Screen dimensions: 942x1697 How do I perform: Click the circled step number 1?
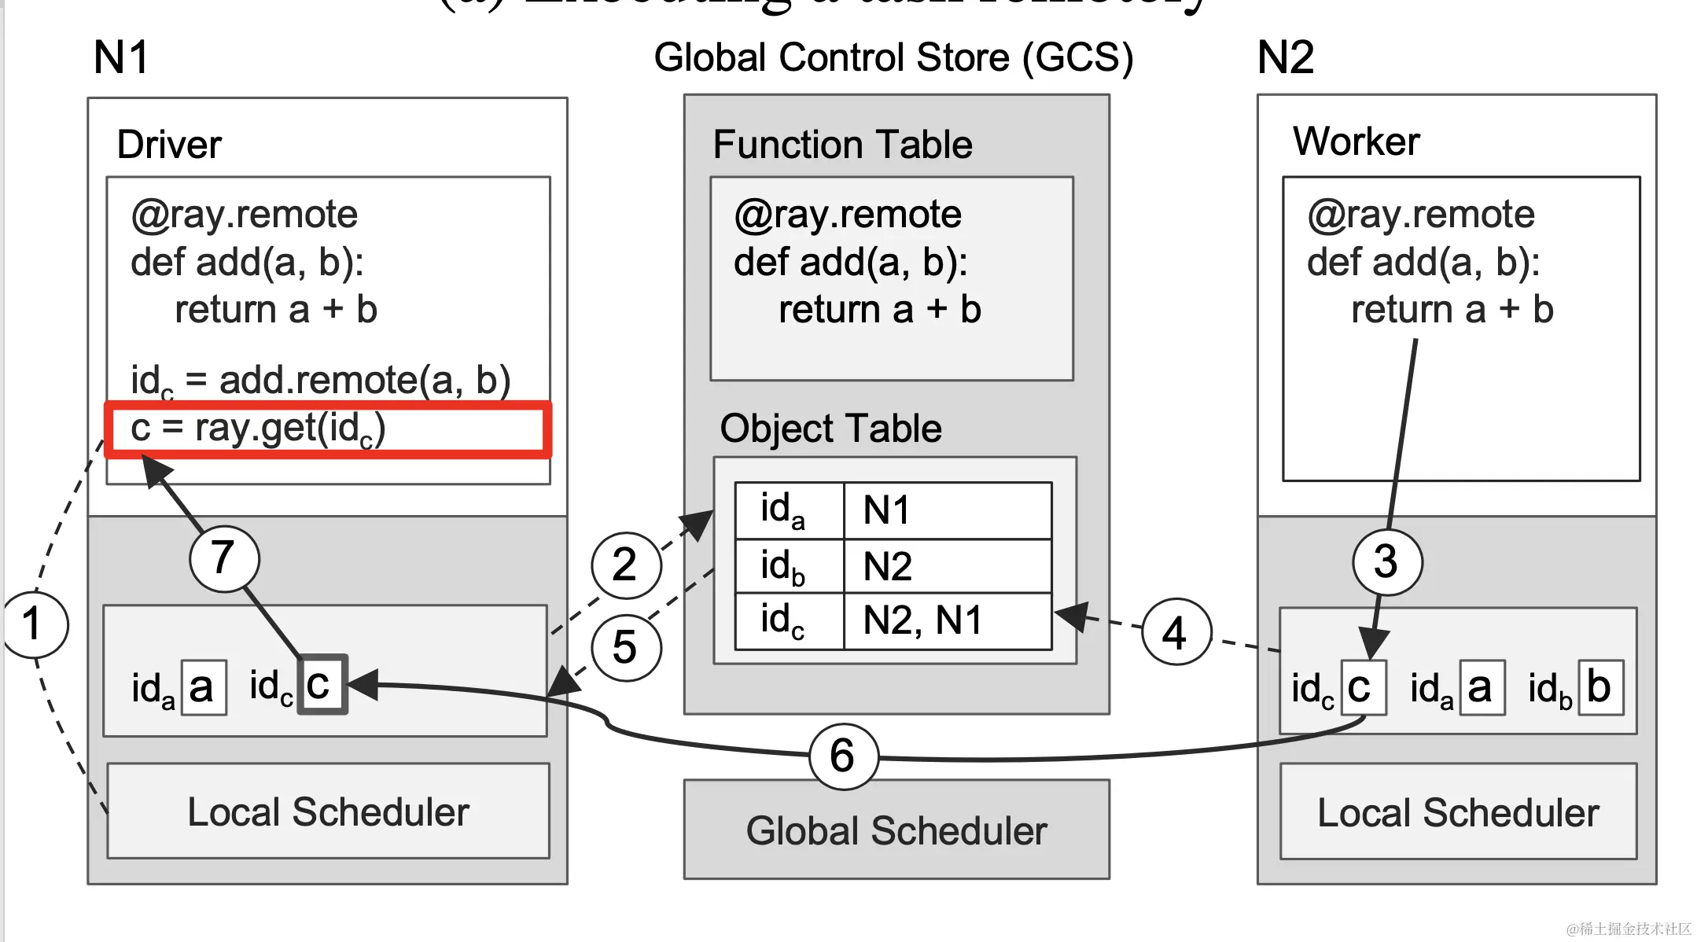[x=34, y=624]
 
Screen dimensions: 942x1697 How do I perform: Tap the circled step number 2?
[x=625, y=565]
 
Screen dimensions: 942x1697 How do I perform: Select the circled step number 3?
[x=1386, y=561]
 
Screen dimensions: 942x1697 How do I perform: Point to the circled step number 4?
[x=1175, y=632]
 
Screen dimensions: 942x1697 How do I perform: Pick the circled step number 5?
[x=625, y=647]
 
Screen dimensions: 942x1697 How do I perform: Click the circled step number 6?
[x=843, y=756]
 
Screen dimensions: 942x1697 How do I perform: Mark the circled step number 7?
[x=224, y=557]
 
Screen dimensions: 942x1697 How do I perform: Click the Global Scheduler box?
[x=896, y=830]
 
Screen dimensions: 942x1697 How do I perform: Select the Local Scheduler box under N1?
[x=328, y=811]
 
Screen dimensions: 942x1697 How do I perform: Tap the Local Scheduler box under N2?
[x=1458, y=812]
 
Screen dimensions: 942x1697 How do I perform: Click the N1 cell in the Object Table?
[x=947, y=510]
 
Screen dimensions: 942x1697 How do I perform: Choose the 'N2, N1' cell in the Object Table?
[x=947, y=621]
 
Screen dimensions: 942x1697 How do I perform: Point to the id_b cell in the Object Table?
[x=789, y=566]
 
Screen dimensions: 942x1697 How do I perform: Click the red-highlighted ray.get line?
[x=327, y=429]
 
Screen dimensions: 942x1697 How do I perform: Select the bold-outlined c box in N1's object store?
[x=322, y=685]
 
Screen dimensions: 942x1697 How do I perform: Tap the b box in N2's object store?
[x=1599, y=687]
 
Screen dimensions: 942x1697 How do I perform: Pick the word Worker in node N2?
[x=1356, y=142]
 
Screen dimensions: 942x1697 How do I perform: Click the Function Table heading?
[x=842, y=145]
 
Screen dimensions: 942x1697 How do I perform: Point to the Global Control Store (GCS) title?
[x=893, y=57]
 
